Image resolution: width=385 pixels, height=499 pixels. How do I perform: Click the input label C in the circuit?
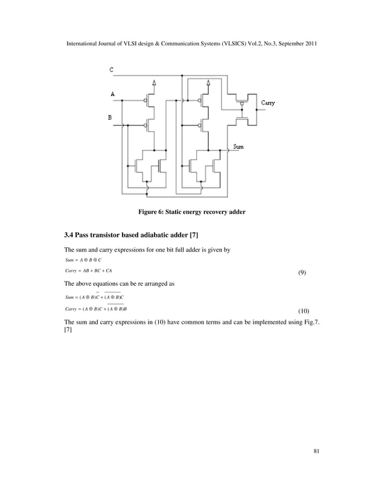[x=112, y=70]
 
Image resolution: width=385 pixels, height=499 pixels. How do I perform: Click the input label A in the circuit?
[x=112, y=94]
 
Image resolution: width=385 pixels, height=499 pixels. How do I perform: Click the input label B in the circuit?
[x=110, y=118]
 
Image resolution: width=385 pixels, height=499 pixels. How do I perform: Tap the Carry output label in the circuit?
[x=268, y=103]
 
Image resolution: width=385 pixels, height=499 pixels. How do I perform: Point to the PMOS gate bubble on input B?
[x=146, y=126]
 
